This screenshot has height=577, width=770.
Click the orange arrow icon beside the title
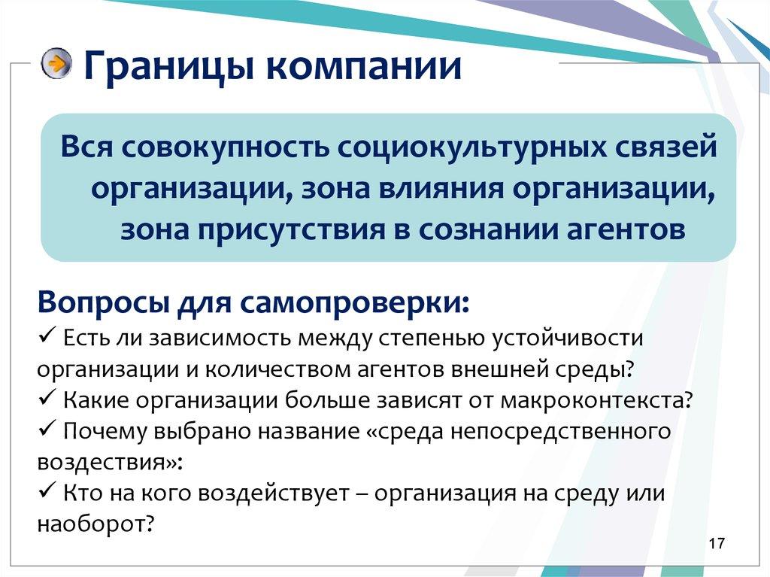(x=57, y=64)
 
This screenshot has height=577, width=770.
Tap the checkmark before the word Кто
(x=44, y=493)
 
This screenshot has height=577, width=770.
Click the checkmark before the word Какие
(x=44, y=399)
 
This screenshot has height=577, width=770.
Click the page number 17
(x=716, y=543)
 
